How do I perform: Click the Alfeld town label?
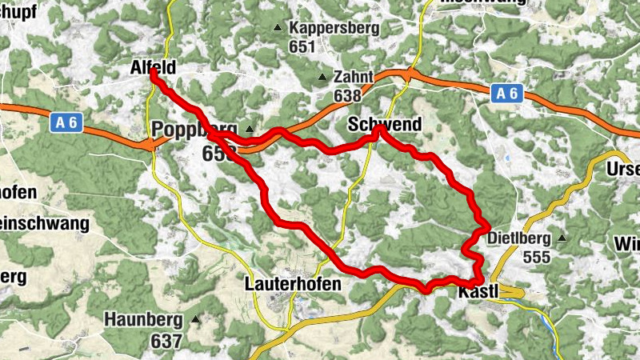pyautogui.click(x=152, y=70)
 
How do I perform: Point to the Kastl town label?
pyautogui.click(x=478, y=294)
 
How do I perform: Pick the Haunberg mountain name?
pyautogui.click(x=144, y=318)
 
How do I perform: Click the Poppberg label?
pyautogui.click(x=194, y=130)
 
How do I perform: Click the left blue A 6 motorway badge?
pyautogui.click(x=66, y=122)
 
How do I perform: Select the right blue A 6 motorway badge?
pyautogui.click(x=506, y=94)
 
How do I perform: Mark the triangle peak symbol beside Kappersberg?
pyautogui.click(x=278, y=29)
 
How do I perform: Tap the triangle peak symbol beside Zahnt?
pyautogui.click(x=322, y=78)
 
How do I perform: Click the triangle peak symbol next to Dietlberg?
pyautogui.click(x=562, y=238)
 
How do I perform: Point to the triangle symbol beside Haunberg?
pyautogui.click(x=195, y=318)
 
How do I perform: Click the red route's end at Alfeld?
pyautogui.click(x=154, y=74)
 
